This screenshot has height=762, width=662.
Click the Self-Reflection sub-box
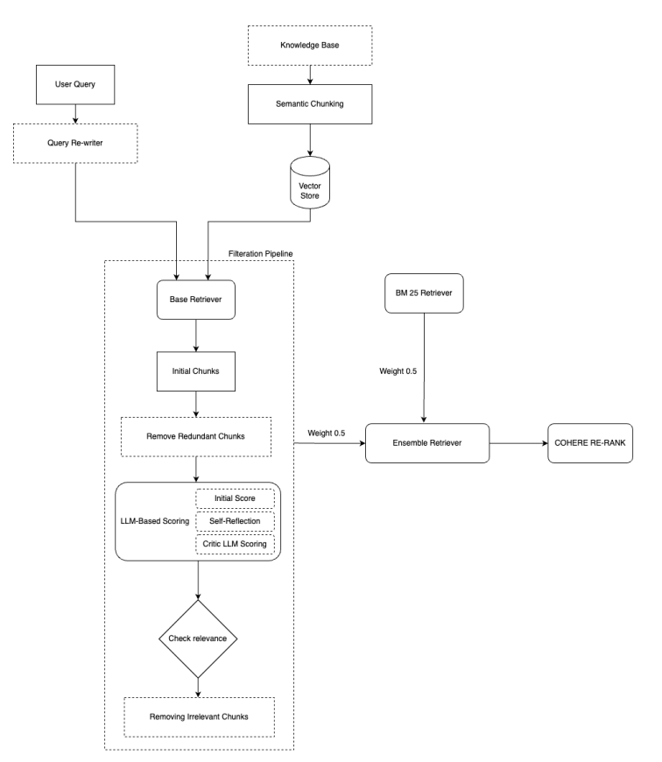pos(234,521)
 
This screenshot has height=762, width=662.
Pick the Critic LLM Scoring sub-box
pos(234,545)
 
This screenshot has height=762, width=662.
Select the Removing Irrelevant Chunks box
pos(199,716)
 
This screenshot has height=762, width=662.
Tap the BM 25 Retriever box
pos(424,293)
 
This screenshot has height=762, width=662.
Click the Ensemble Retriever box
pos(426,444)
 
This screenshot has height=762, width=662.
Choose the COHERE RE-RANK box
pos(591,444)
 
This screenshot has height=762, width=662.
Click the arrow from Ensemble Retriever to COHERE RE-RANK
pos(518,444)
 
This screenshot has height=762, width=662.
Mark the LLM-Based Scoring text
pos(153,521)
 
